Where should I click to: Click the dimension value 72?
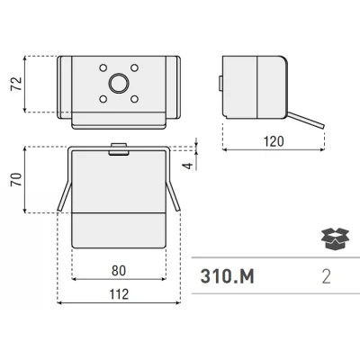[x=16, y=84]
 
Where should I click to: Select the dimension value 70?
[x=16, y=179]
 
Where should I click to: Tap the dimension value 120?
[x=274, y=141]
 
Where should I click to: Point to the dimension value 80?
[x=119, y=271]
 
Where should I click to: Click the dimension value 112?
[x=119, y=294]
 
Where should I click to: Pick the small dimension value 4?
[x=188, y=166]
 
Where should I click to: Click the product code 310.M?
[x=227, y=276]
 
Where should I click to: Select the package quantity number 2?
[x=326, y=276]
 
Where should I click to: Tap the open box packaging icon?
[x=335, y=238]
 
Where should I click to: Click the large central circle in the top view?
[x=119, y=83]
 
